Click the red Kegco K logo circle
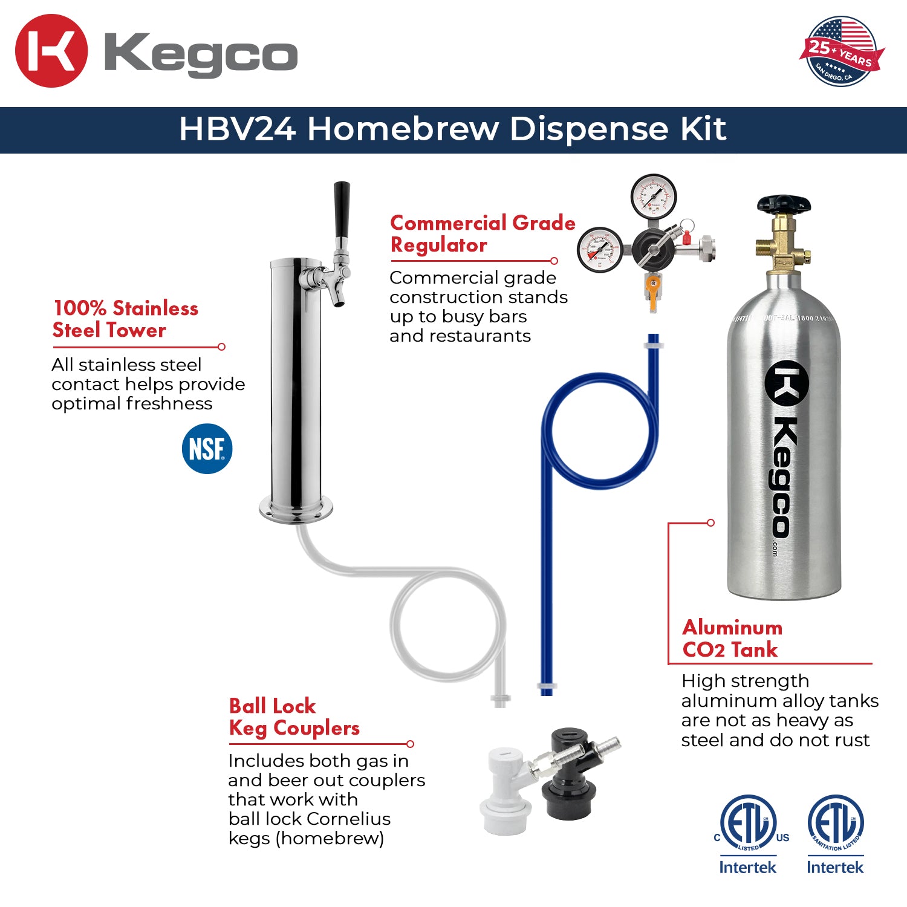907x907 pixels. coord(51,51)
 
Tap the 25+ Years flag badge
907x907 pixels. coord(841,52)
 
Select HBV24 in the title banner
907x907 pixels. coord(237,129)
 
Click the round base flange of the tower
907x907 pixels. coord(296,507)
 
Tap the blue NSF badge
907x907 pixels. coord(207,449)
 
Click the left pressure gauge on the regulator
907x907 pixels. coord(599,250)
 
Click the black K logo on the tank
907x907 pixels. coord(787,383)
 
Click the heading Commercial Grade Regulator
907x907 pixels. coord(482,234)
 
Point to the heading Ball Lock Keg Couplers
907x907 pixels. coord(294,717)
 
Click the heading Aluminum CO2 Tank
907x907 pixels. coord(732,639)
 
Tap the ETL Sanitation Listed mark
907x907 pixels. coord(835,823)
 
